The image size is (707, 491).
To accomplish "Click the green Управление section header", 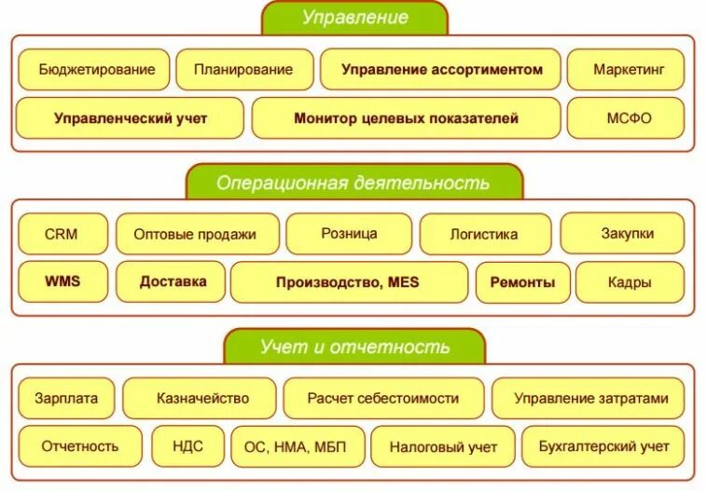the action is click(x=354, y=18).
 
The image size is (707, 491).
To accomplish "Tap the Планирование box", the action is click(x=243, y=69).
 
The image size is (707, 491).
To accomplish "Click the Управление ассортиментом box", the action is click(x=441, y=69).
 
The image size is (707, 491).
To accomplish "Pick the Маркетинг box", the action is click(x=625, y=69).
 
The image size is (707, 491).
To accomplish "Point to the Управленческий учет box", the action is click(x=130, y=118).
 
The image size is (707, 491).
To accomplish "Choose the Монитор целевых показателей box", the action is click(x=406, y=118).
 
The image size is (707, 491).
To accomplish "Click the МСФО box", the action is click(x=624, y=118).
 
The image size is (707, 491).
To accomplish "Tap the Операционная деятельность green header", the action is click(x=353, y=183).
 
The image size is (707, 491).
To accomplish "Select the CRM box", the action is click(x=62, y=234).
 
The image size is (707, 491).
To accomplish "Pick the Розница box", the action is click(x=348, y=234).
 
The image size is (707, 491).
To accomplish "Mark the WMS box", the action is click(x=62, y=281).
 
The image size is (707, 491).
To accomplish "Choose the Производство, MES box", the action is click(x=348, y=281).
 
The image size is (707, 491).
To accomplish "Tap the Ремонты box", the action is click(x=522, y=281).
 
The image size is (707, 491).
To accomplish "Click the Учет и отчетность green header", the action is click(x=354, y=348).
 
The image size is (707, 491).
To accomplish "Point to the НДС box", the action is click(x=187, y=446).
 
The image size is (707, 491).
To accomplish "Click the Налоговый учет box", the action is click(x=443, y=446).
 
